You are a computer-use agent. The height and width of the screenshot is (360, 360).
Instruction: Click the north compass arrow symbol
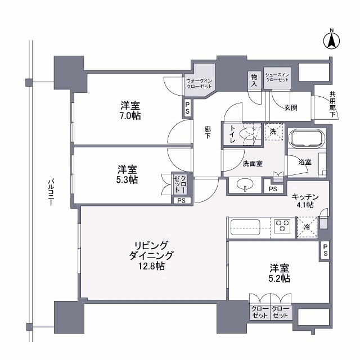[x=331, y=41]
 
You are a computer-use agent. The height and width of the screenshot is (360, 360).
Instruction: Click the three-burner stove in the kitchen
[x=282, y=226]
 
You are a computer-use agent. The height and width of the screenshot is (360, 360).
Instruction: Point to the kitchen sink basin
[x=245, y=227]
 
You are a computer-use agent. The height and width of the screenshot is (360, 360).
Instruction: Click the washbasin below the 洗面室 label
[x=245, y=184]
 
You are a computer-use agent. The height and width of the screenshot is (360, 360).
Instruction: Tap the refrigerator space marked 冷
[x=307, y=227]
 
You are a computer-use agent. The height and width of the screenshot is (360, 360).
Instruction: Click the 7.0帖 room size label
[x=130, y=116]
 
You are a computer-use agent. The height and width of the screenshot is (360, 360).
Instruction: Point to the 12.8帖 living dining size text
[x=151, y=266]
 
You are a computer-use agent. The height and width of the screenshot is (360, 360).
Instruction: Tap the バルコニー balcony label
[x=51, y=192]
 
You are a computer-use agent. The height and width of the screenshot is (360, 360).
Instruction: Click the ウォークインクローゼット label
[x=199, y=84]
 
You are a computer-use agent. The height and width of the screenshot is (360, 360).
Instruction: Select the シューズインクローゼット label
[x=277, y=78]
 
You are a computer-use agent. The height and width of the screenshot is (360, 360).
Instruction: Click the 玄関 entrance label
[x=291, y=107]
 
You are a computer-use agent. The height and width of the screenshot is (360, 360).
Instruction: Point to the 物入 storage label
[x=254, y=80]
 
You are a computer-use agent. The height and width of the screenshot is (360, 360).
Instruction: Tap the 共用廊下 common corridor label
[x=332, y=105]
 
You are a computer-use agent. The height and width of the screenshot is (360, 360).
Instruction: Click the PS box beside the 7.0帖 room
[x=187, y=108]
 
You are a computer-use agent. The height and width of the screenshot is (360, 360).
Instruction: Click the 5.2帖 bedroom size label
[x=279, y=278]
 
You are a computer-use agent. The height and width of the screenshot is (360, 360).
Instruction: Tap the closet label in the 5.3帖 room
[x=180, y=184]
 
